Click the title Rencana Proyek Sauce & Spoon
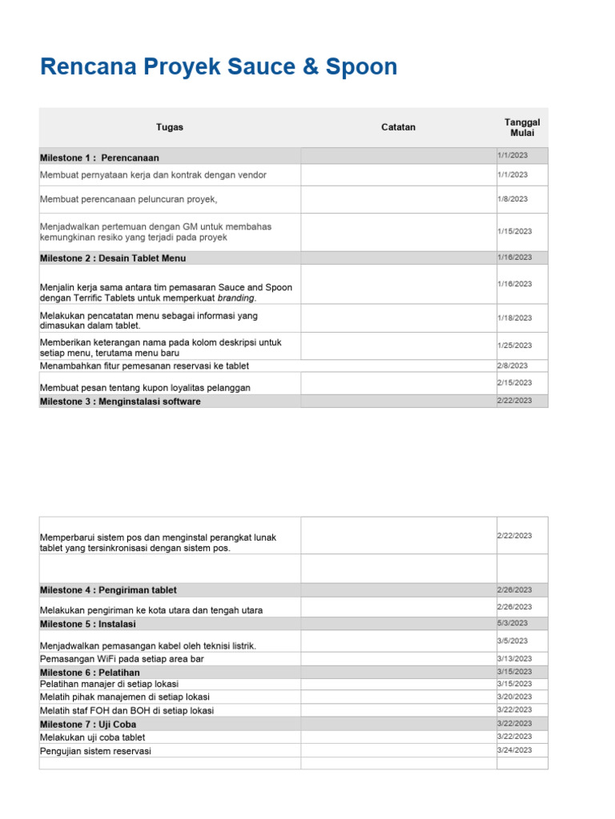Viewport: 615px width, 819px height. tap(218, 67)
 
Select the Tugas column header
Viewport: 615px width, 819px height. tap(170, 127)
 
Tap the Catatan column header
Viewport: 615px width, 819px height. tap(398, 127)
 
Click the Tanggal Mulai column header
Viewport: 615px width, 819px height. tap(522, 127)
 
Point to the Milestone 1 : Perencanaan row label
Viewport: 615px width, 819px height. tap(99, 158)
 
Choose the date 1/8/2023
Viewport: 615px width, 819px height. tap(512, 199)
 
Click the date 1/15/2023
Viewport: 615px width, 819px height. tap(514, 231)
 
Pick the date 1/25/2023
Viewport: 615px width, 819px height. tap(514, 346)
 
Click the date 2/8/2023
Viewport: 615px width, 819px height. tap(512, 366)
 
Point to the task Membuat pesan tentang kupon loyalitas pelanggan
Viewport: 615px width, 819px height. tap(145, 388)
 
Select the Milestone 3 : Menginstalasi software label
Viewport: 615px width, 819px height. tap(120, 402)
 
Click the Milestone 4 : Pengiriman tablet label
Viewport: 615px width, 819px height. tap(108, 590)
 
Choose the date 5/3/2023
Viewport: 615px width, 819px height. tap(512, 623)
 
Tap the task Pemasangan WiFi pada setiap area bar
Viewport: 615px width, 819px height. tap(122, 659)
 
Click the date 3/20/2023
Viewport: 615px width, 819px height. tap(514, 697)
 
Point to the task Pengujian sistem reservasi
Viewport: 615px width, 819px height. tap(95, 751)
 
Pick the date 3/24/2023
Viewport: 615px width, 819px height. tap(514, 750)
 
